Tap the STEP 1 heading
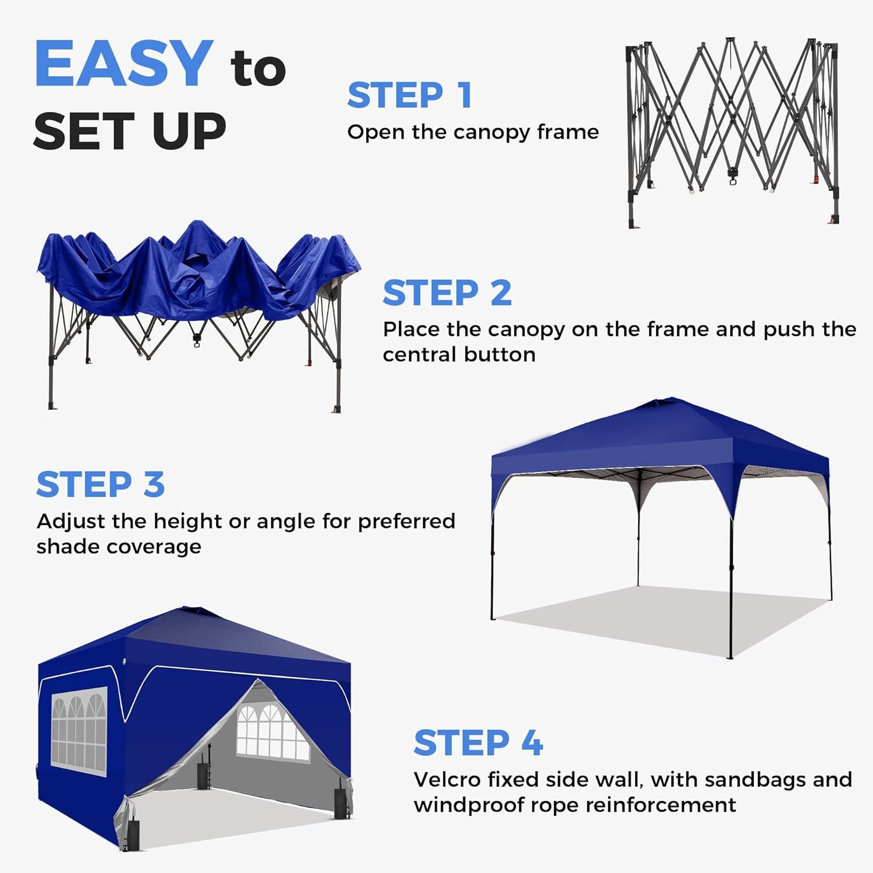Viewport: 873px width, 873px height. pyautogui.click(x=409, y=95)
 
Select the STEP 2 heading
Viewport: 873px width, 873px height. pyautogui.click(x=447, y=292)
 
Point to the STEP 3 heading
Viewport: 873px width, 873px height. pyautogui.click(x=100, y=484)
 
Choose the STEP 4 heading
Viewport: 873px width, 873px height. pyautogui.click(x=478, y=743)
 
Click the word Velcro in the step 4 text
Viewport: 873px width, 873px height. pyautogui.click(x=447, y=779)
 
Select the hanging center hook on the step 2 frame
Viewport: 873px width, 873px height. pyautogui.click(x=196, y=340)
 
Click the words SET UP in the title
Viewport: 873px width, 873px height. pyautogui.click(x=129, y=131)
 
